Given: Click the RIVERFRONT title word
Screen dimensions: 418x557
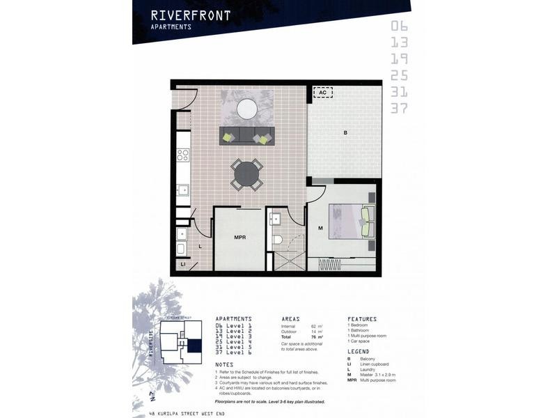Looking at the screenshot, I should [190, 15].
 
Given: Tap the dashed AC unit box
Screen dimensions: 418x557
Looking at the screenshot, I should [322, 92].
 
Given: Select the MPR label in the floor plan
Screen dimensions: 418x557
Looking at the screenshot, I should [240, 238].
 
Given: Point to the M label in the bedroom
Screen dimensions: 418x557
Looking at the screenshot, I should [320, 229].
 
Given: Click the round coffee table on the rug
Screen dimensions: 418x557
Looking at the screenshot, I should [247, 108].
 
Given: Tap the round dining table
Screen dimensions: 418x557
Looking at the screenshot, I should [246, 173].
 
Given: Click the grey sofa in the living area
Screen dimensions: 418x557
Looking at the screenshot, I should [246, 136].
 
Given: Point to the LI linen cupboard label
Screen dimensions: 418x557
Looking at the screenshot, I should [183, 265].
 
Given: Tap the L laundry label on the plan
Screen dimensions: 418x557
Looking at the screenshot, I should [200, 246].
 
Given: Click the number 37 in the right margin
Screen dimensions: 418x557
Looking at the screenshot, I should [398, 108].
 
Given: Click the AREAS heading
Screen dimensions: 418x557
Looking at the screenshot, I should [290, 318].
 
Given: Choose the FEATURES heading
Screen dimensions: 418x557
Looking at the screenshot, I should [362, 318].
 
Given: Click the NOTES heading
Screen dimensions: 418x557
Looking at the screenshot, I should [224, 364].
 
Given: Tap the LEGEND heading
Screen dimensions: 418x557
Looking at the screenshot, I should [359, 351].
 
